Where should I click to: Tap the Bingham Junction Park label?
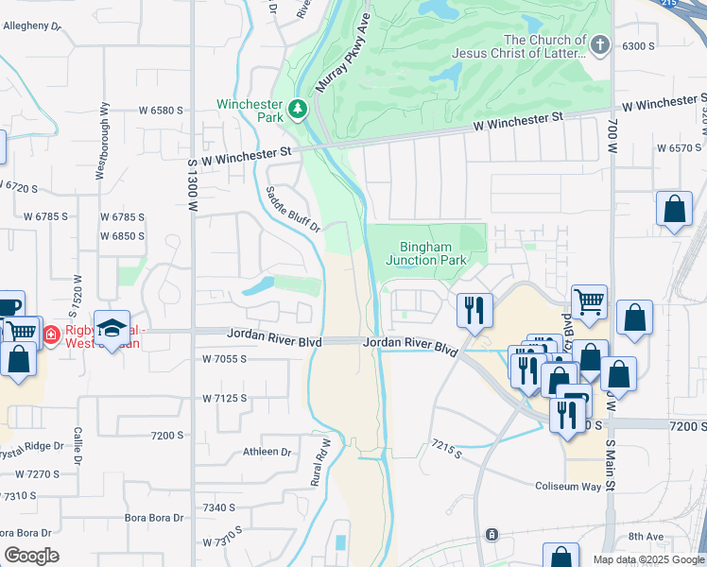click(x=425, y=253)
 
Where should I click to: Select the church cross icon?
click(x=598, y=44)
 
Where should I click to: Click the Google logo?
click(x=31, y=556)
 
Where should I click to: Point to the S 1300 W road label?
click(x=192, y=183)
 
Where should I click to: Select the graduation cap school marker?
click(x=112, y=328)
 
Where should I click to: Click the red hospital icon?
click(x=51, y=334)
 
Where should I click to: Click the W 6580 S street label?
click(x=161, y=111)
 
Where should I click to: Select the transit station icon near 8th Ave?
click(x=491, y=535)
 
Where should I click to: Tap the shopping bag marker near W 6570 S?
click(x=674, y=210)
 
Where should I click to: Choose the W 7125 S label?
click(x=224, y=398)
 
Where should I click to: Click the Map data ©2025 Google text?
click(x=648, y=559)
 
